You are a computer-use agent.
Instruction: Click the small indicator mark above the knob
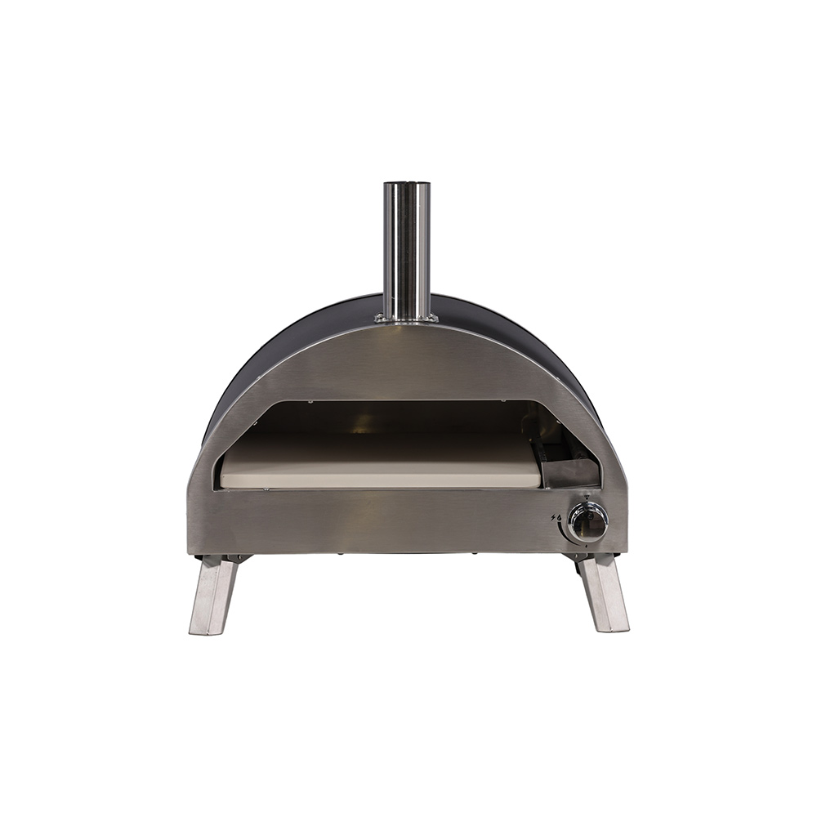click(587, 498)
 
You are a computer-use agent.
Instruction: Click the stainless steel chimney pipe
click(407, 245)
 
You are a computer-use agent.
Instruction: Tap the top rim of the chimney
click(407, 184)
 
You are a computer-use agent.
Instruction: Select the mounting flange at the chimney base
click(407, 319)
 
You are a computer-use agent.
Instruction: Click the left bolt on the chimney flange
click(379, 318)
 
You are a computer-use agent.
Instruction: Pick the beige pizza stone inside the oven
click(380, 471)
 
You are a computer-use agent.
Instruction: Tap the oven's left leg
click(214, 592)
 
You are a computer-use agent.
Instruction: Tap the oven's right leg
click(604, 592)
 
